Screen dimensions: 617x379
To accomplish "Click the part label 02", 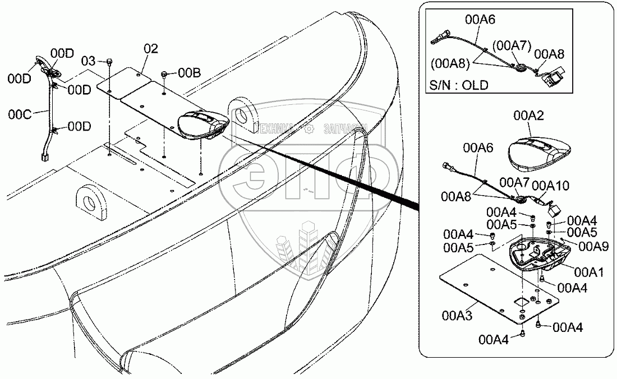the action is tap(151, 48).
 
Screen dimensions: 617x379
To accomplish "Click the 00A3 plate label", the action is tap(457, 316).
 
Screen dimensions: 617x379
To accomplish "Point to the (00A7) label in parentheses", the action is tap(510, 44).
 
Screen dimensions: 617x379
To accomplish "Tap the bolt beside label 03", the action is tap(109, 61).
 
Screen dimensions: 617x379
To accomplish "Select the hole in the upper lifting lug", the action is tap(242, 115).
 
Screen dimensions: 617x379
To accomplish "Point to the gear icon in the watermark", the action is tap(308, 129).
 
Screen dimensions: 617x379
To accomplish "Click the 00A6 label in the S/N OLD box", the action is tap(480, 20).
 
